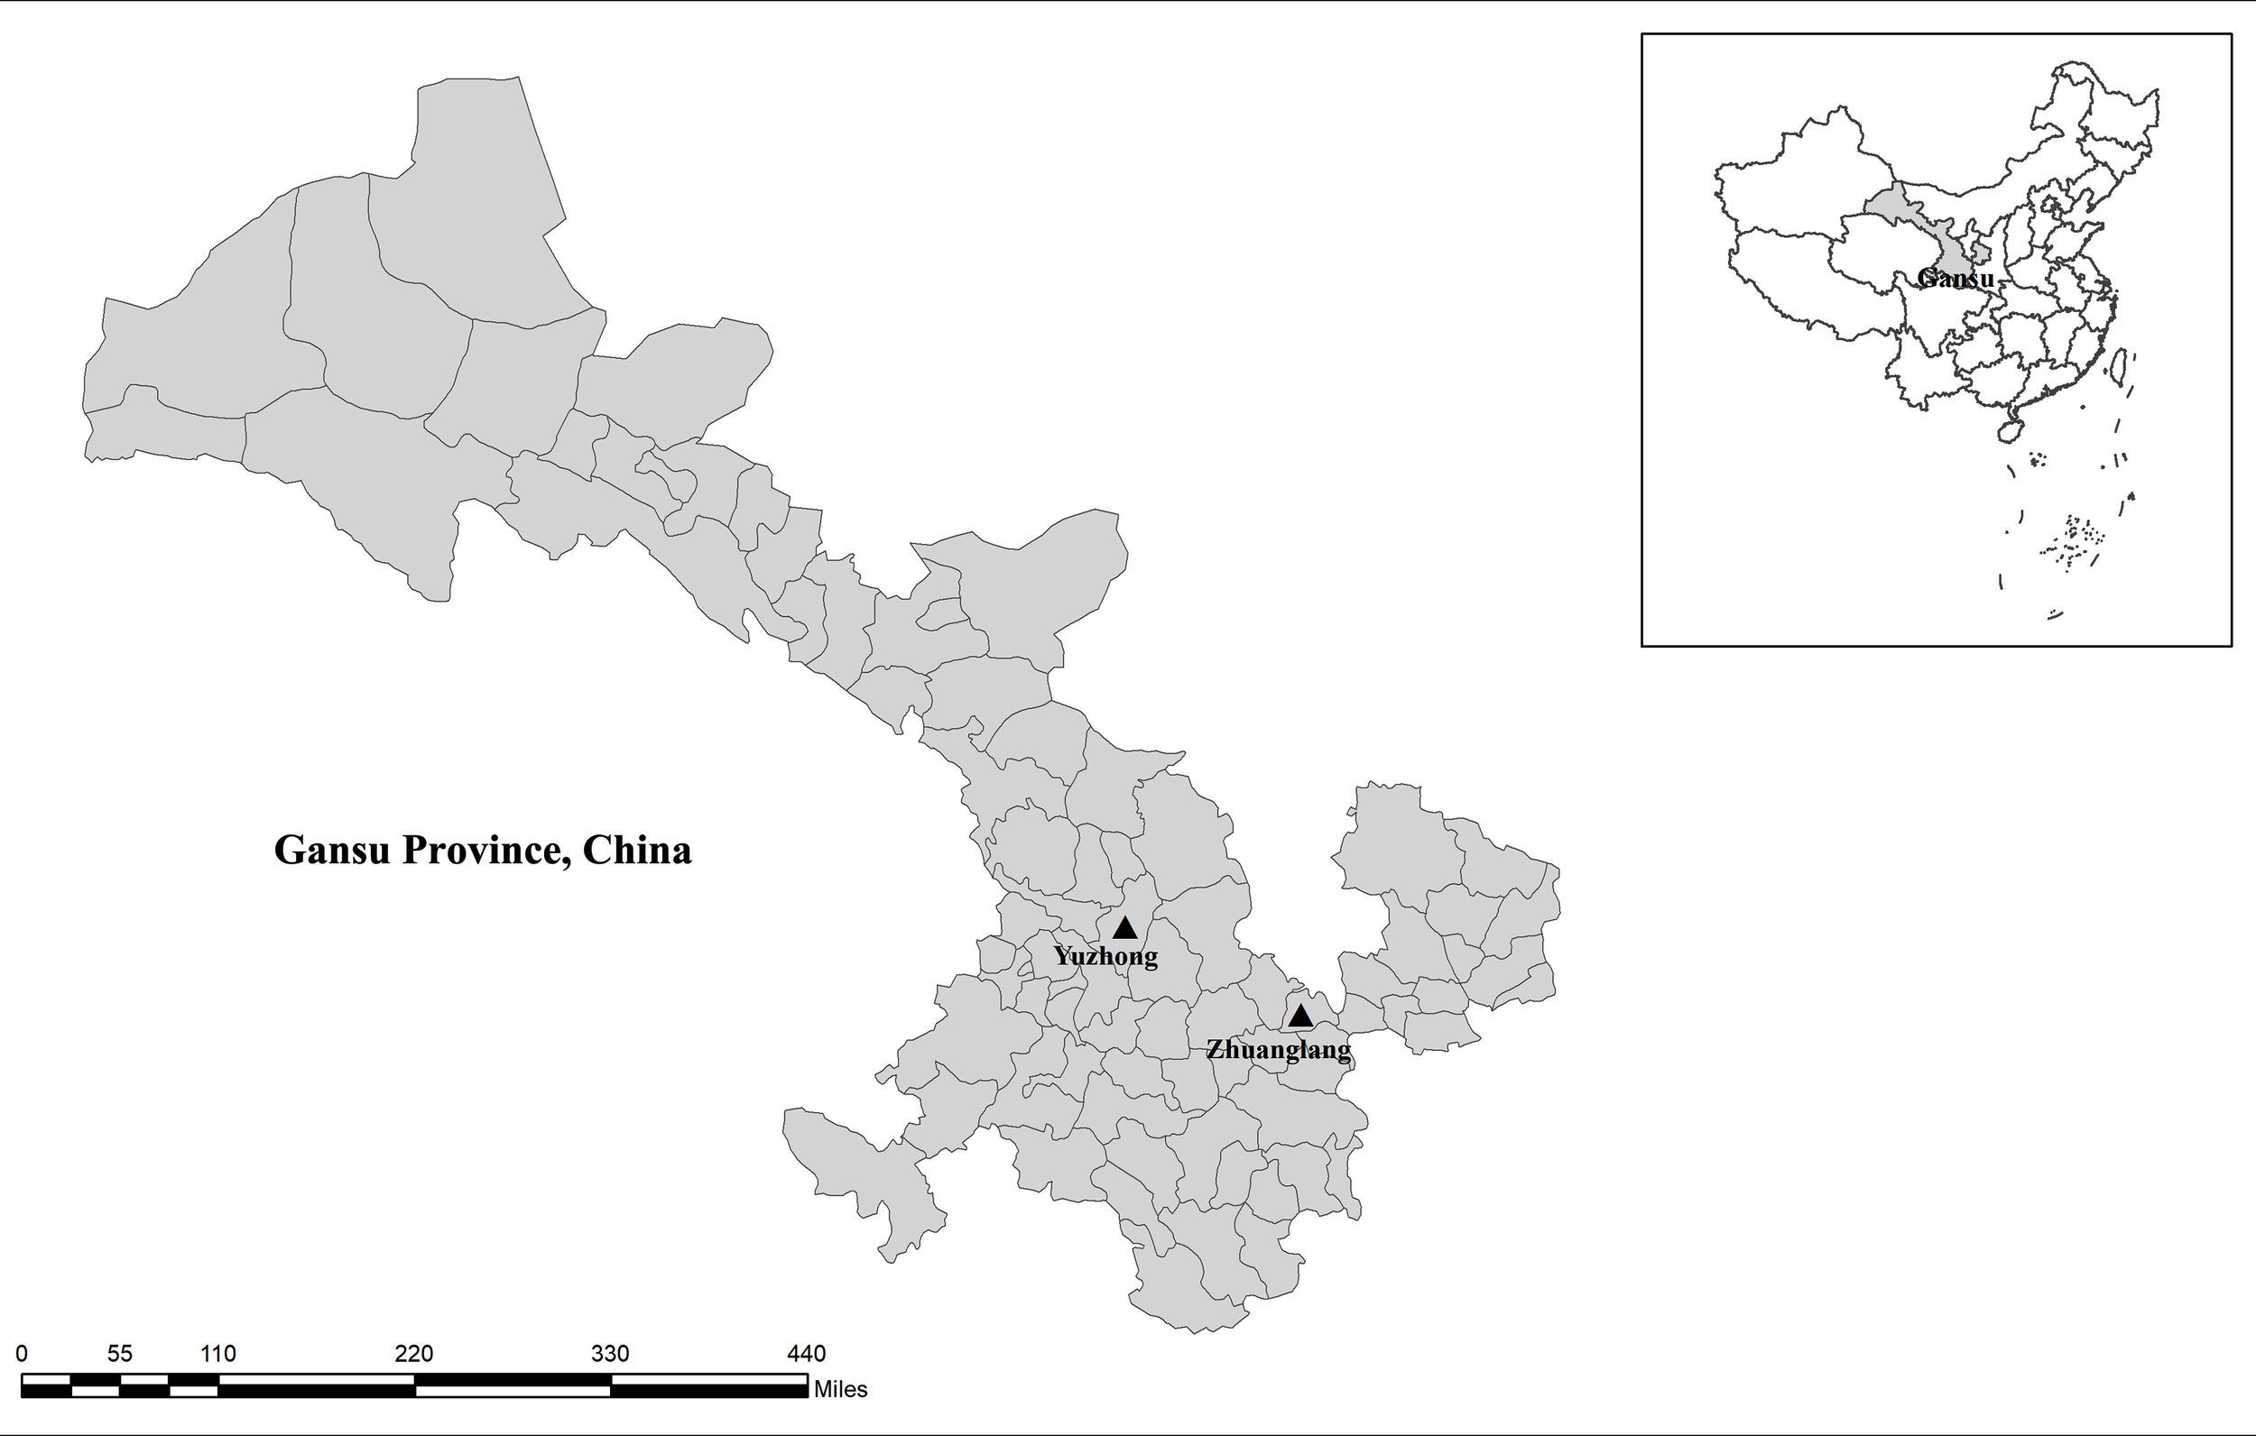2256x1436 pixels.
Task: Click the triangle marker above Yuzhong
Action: click(x=1124, y=928)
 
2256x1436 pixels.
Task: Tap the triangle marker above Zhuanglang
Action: click(x=1299, y=1017)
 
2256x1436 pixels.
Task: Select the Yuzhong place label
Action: click(x=1105, y=956)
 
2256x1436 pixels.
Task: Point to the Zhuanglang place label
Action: click(x=1278, y=1049)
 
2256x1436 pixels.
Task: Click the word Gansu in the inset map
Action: click(x=1956, y=278)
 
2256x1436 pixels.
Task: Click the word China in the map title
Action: click(x=637, y=851)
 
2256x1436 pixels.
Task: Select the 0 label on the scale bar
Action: click(x=22, y=1354)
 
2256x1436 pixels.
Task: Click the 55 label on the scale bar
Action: click(x=120, y=1354)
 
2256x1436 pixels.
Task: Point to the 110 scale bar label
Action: click(x=217, y=1354)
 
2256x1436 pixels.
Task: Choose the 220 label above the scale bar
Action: click(x=413, y=1354)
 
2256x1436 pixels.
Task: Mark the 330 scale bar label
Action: click(x=610, y=1354)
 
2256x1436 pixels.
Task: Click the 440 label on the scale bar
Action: click(x=806, y=1354)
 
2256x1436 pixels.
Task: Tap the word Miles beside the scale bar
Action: click(x=840, y=1390)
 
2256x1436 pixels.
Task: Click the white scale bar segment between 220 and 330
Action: click(x=513, y=1391)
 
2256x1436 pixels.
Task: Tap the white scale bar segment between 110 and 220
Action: click(x=316, y=1380)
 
